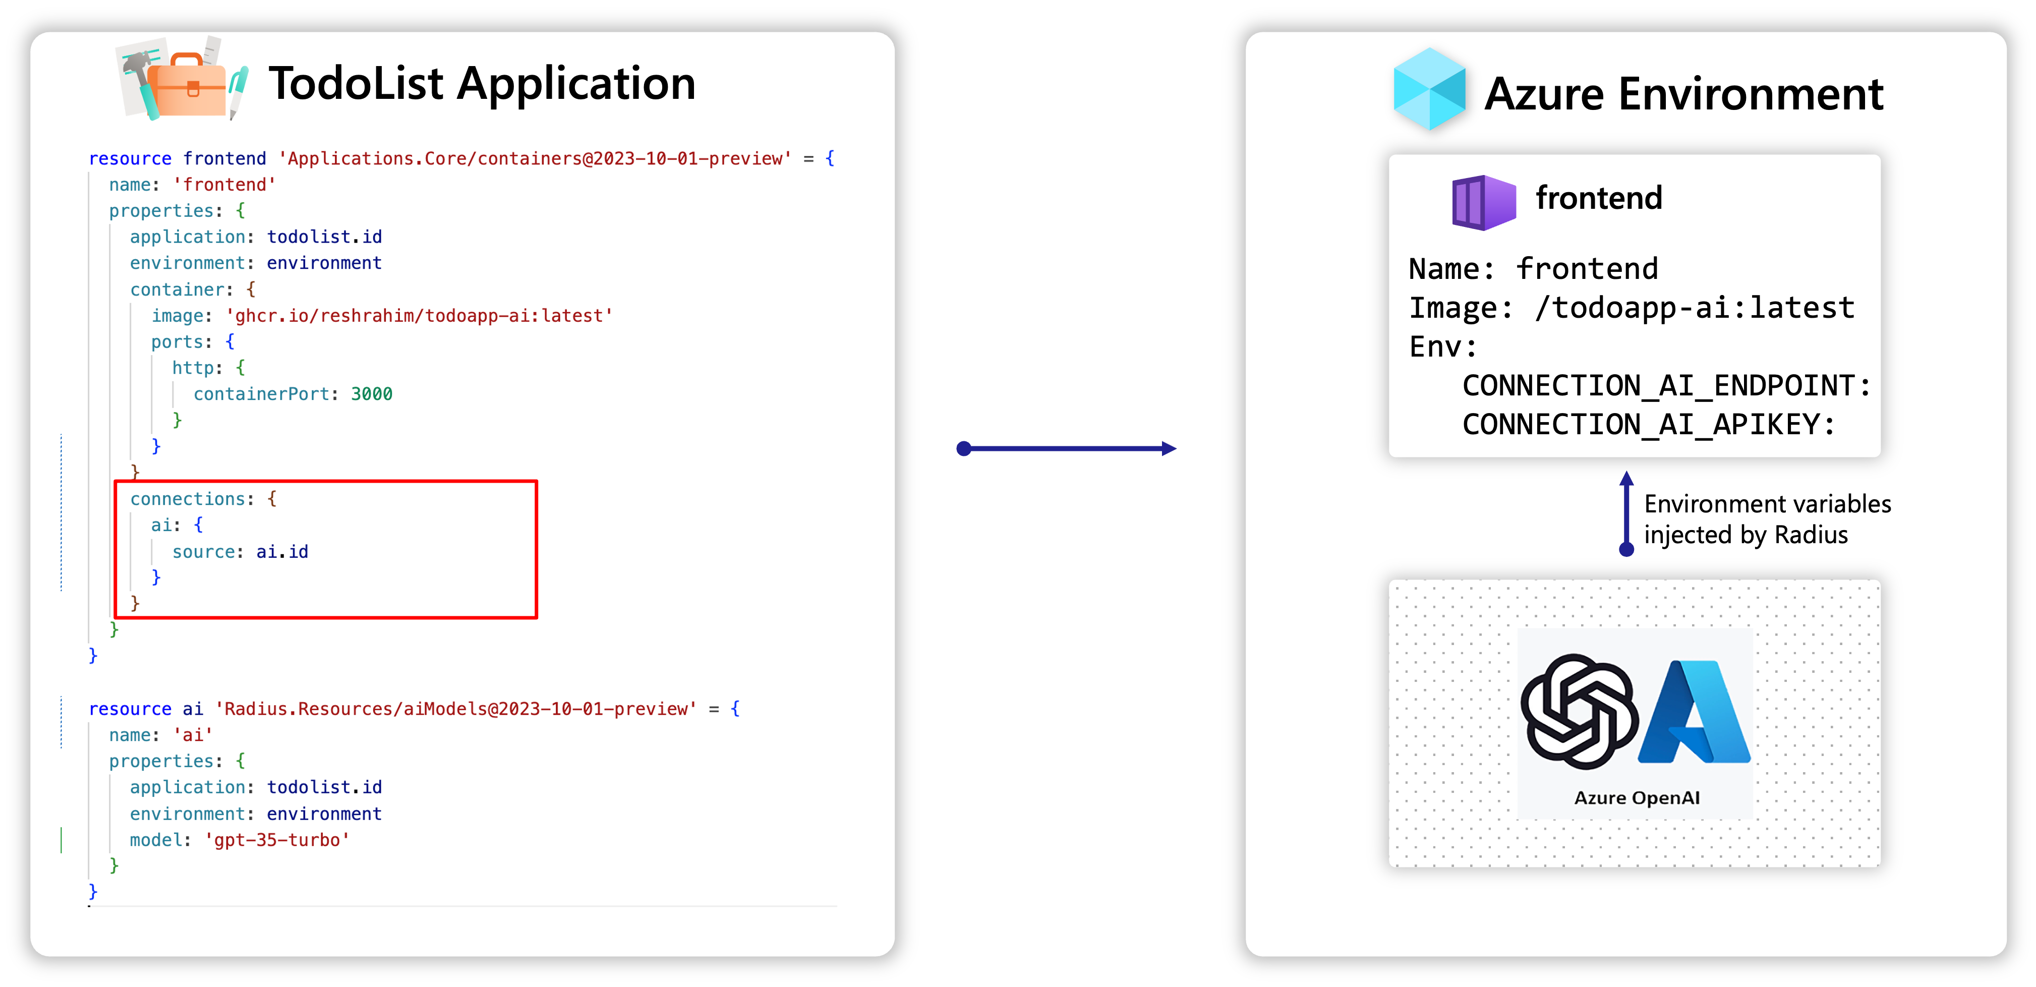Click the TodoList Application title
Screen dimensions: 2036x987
pyautogui.click(x=482, y=83)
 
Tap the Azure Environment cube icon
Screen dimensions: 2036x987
pyautogui.click(x=1429, y=88)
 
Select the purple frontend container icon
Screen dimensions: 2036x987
pyautogui.click(x=1484, y=202)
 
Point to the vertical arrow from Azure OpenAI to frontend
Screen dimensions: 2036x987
pyautogui.click(x=1626, y=513)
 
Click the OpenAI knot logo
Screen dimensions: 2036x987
pyautogui.click(x=1579, y=711)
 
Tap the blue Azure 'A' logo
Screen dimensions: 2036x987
pyautogui.click(x=1695, y=711)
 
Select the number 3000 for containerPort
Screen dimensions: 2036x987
pyautogui.click(x=372, y=393)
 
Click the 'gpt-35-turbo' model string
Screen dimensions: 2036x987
pyautogui.click(x=277, y=840)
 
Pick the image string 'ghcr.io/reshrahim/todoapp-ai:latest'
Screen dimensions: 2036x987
pyautogui.click(x=420, y=316)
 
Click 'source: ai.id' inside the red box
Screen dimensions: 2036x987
pyautogui.click(x=240, y=552)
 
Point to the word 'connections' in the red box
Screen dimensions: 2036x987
pyautogui.click(x=187, y=499)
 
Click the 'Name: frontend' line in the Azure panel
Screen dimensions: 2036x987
pyautogui.click(x=1533, y=269)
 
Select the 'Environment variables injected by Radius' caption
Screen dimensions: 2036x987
pyautogui.click(x=1767, y=519)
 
